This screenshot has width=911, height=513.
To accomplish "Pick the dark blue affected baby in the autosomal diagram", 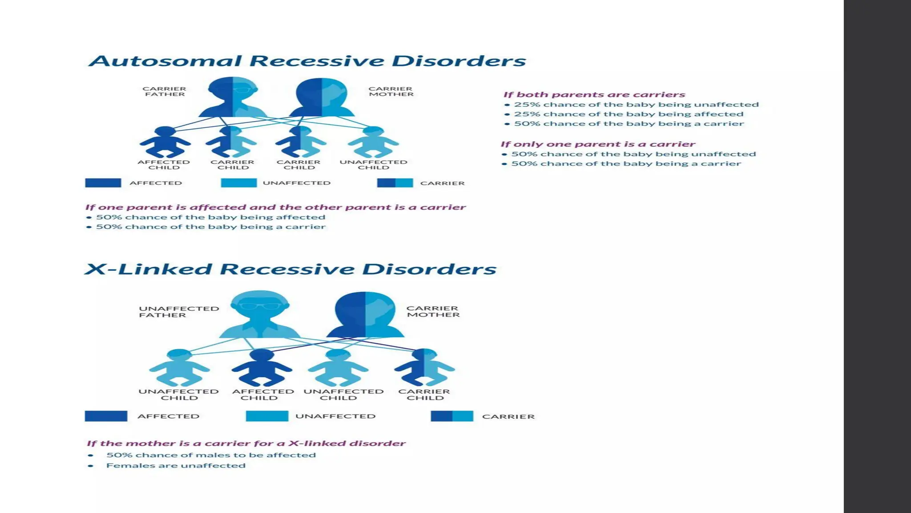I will click(x=165, y=142).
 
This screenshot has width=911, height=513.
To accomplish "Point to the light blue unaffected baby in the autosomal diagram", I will click(x=373, y=142).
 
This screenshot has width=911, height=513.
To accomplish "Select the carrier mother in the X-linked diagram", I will click(x=365, y=315).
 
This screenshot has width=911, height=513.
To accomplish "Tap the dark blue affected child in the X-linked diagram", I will click(x=262, y=368).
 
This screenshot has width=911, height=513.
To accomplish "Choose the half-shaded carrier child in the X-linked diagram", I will click(x=424, y=367).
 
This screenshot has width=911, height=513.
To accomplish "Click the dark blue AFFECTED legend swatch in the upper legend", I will click(x=103, y=183).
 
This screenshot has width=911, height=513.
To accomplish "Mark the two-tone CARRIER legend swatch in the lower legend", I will click(x=452, y=416).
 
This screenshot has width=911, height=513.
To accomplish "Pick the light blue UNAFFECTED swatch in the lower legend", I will click(x=267, y=416).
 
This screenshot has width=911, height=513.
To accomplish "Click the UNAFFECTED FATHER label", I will click(x=179, y=312).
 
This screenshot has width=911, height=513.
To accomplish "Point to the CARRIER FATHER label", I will click(x=165, y=92).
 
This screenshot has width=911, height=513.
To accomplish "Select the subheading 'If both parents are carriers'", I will click(x=594, y=94).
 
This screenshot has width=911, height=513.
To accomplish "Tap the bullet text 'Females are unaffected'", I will click(x=176, y=466).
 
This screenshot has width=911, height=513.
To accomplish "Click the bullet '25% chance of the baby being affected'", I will click(x=629, y=114).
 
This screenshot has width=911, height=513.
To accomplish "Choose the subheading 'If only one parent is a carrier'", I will click(x=597, y=144).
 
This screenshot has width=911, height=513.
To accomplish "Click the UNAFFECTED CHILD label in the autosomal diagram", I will click(x=373, y=165).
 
